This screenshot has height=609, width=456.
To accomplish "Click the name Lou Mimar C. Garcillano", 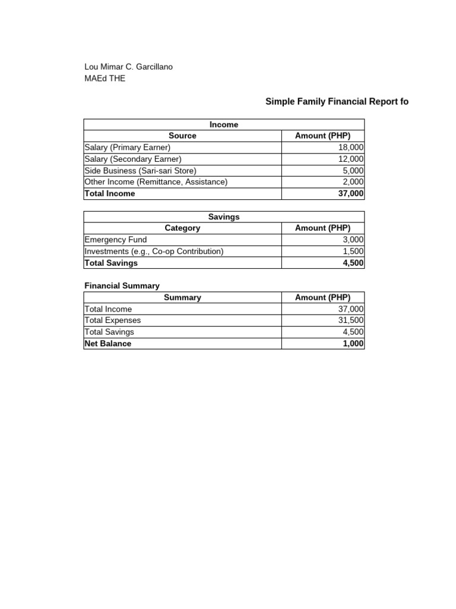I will point(129,67).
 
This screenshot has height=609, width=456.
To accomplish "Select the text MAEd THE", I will point(105,79).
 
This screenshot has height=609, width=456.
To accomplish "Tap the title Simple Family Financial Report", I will point(337,102).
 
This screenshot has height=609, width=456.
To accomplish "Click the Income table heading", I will point(224,124).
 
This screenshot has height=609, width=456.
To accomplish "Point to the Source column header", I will point(182,136).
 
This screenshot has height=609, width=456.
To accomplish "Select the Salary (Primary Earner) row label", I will point(128,147).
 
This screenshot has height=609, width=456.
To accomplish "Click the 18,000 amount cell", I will point(351,147).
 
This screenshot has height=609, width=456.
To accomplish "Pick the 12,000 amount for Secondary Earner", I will point(351,159).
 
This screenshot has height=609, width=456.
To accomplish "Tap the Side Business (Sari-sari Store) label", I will point(140,171).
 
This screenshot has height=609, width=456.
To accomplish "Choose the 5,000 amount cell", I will point(353,171).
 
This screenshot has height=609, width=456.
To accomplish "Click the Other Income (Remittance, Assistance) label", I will point(156,182).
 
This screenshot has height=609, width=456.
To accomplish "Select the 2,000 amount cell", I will point(353,182).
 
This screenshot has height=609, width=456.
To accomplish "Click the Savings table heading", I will point(224,216).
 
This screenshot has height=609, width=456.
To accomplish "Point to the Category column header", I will point(182,228).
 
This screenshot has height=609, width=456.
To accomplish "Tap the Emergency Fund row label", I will point(116,240).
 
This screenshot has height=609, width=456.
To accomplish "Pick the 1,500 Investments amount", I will point(353,251).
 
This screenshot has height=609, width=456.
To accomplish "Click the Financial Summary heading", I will point(122,285).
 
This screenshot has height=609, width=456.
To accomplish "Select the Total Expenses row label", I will point(113,321).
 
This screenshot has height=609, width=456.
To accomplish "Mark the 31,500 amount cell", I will point(351,321).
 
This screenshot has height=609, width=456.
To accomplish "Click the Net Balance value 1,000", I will point(353,344).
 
